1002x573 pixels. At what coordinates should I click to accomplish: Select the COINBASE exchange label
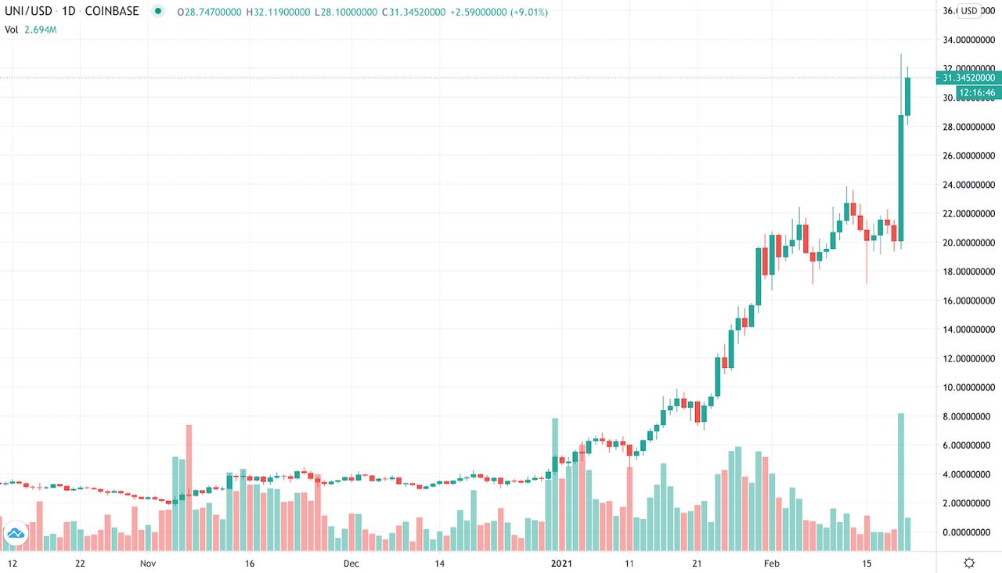111,12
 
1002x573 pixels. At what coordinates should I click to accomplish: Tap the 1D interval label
69,12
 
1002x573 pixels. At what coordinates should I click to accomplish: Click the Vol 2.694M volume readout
31,29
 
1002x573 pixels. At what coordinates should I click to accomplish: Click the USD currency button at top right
969,11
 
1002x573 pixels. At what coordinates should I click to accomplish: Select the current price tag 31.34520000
969,77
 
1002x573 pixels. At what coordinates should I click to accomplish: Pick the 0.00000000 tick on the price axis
970,532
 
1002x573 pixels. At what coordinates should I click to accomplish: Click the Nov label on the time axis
149,563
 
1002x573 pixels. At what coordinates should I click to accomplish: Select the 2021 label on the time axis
560,563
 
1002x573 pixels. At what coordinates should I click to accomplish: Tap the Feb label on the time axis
772,563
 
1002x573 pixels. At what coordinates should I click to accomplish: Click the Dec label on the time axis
351,563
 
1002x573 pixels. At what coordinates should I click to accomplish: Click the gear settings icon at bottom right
969,563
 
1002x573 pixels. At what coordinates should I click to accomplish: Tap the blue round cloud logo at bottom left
16,535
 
